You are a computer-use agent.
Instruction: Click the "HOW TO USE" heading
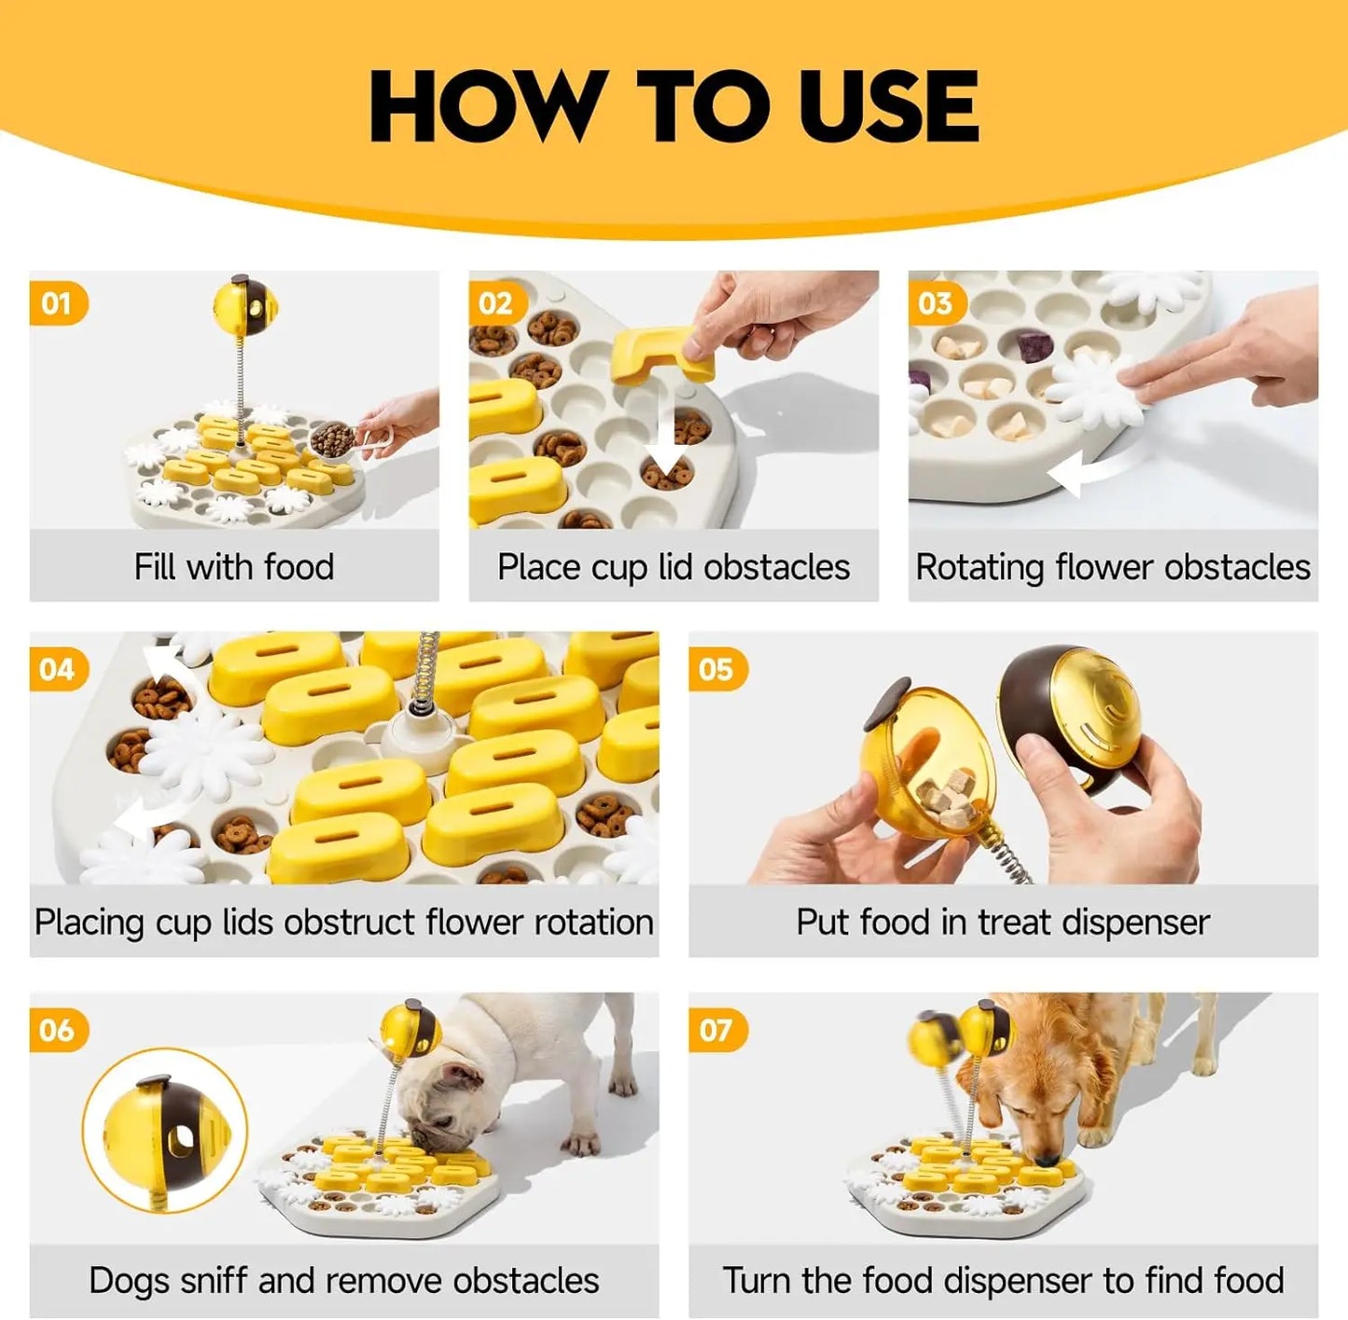[x=674, y=105]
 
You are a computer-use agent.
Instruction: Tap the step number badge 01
[x=57, y=303]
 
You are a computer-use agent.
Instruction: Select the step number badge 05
[x=716, y=669]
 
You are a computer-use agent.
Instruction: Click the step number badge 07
[x=716, y=1030]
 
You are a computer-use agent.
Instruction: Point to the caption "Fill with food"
[x=233, y=567]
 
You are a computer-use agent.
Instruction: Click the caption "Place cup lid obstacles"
[x=673, y=567]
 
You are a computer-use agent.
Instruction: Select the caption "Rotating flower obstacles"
[x=1112, y=567]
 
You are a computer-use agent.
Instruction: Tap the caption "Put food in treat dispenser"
[x=1003, y=922]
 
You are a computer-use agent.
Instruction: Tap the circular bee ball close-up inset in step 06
[x=165, y=1130]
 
